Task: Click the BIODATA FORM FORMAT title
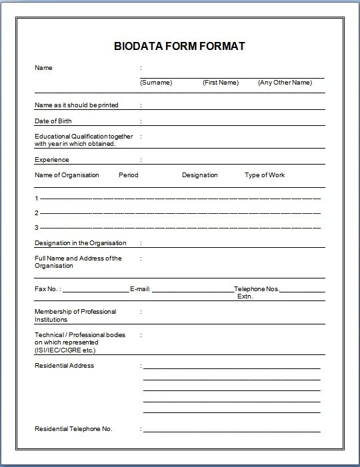point(180,47)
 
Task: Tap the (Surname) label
point(156,83)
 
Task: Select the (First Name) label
point(220,83)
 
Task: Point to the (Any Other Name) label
point(285,83)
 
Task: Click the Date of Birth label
point(53,121)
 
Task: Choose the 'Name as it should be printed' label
point(75,105)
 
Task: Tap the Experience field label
point(51,160)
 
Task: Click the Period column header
point(129,175)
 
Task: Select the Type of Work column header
point(265,175)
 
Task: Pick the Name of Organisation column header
point(67,175)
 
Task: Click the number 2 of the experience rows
point(37,213)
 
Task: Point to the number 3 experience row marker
point(37,228)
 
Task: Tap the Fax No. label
point(47,289)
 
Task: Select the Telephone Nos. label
point(257,289)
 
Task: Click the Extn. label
point(245,296)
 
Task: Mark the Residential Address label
point(64,366)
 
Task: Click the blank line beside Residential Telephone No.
point(231,430)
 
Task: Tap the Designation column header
point(200,175)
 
